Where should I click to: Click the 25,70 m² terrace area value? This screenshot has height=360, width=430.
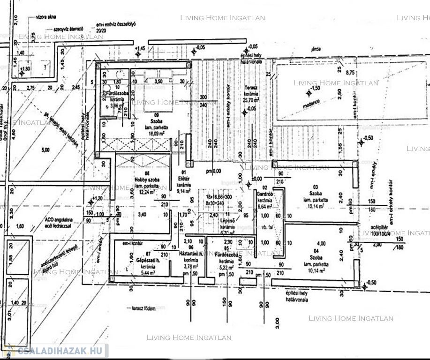click(x=251, y=100)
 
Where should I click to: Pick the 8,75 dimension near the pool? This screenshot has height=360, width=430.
click(x=350, y=73)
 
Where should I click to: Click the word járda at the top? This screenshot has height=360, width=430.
click(x=309, y=49)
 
